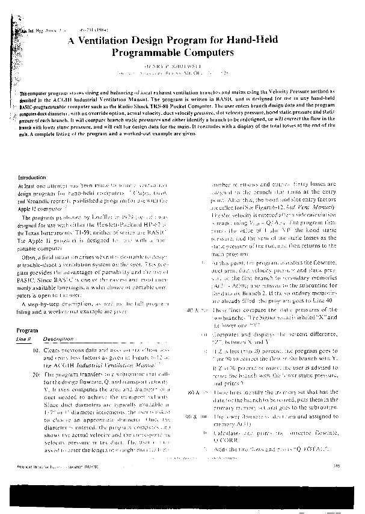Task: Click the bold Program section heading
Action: [x=27, y=331]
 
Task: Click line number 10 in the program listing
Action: [x=37, y=350]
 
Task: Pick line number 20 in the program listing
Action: [x=37, y=374]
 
